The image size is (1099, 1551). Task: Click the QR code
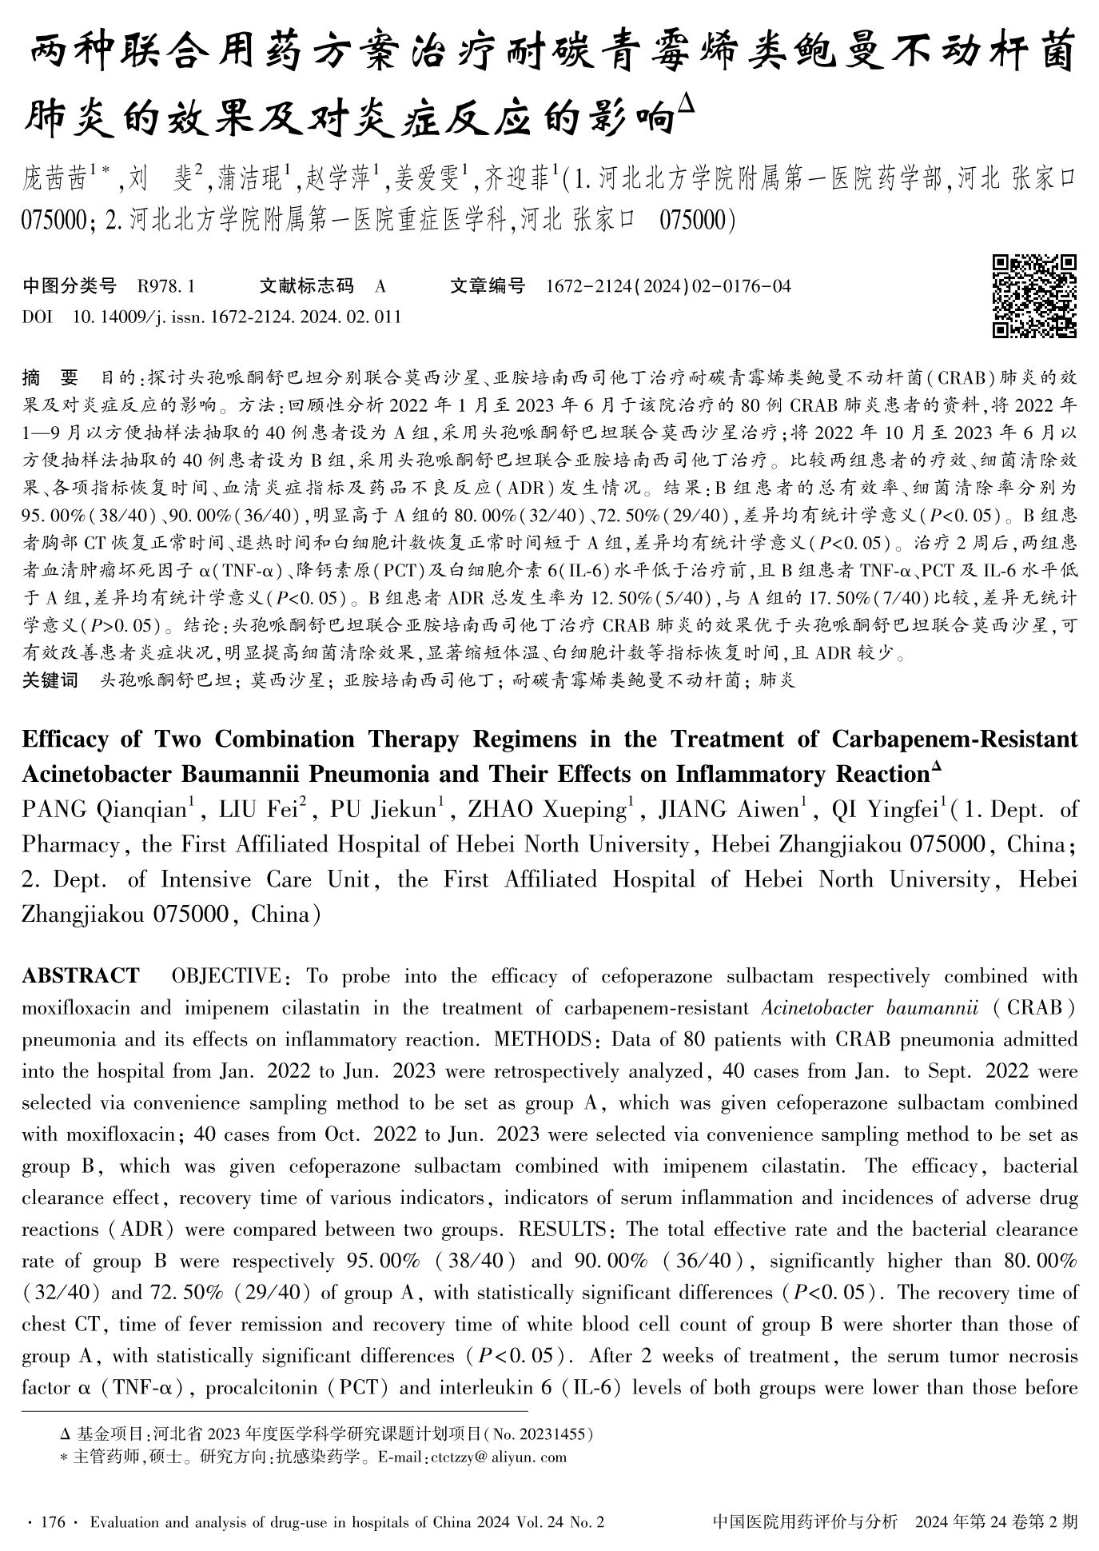tap(1035, 296)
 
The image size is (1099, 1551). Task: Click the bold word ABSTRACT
tap(81, 976)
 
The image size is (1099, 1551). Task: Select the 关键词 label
tap(50, 680)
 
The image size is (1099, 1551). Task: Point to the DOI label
tap(37, 317)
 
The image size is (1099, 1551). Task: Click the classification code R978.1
tap(166, 285)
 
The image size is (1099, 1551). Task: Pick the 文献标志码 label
tap(306, 285)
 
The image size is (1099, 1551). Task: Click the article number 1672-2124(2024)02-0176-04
tap(667, 285)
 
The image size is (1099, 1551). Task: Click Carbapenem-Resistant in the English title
tap(954, 739)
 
